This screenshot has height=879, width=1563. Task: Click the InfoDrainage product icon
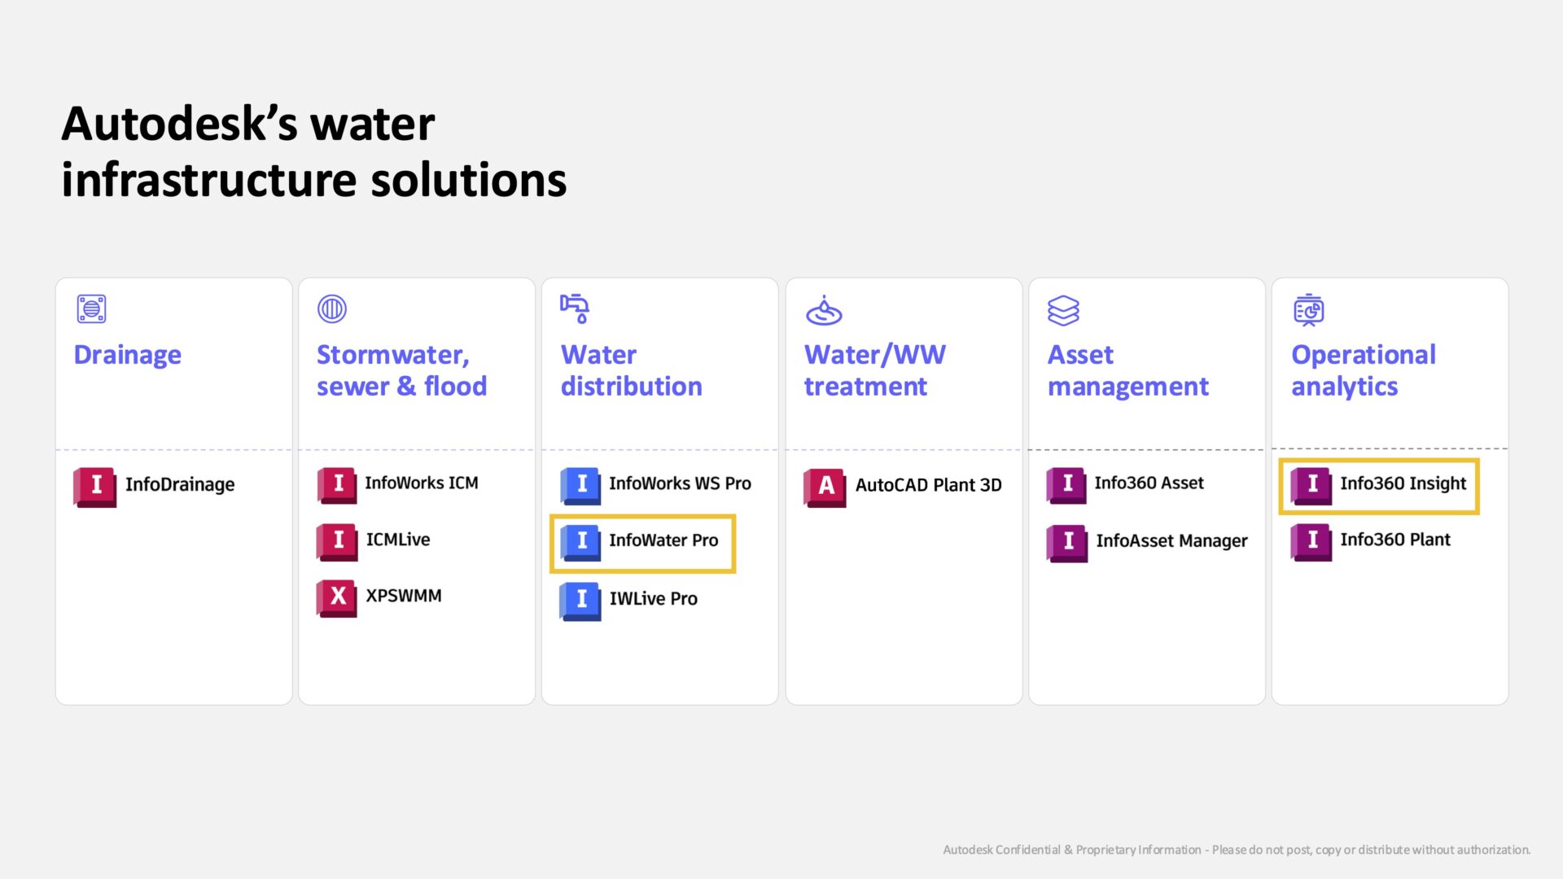tap(94, 486)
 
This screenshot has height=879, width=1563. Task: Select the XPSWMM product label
tap(404, 596)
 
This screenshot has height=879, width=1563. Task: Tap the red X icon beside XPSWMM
tap(337, 597)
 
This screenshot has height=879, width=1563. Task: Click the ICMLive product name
tap(398, 540)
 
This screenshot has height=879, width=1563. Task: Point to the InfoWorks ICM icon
tap(337, 485)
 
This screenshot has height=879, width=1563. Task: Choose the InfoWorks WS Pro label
tap(680, 483)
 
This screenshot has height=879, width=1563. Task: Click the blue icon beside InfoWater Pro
tap(580, 542)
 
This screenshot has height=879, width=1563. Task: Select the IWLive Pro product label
tap(654, 599)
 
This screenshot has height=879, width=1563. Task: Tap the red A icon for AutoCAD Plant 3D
tap(825, 487)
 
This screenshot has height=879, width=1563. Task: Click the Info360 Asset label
tap(1149, 483)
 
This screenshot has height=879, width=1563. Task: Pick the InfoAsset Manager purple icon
tap(1067, 543)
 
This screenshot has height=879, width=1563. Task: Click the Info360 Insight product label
tap(1403, 483)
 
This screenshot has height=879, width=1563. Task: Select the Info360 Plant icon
tap(1311, 541)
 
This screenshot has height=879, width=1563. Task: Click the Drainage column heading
tap(128, 356)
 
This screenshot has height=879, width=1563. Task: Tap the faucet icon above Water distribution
tap(575, 308)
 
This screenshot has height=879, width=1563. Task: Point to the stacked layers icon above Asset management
tap(1063, 310)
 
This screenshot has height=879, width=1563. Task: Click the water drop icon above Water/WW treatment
tap(824, 310)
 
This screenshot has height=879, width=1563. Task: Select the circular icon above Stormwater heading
tap(332, 308)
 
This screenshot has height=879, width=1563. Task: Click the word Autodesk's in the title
tap(248, 125)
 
